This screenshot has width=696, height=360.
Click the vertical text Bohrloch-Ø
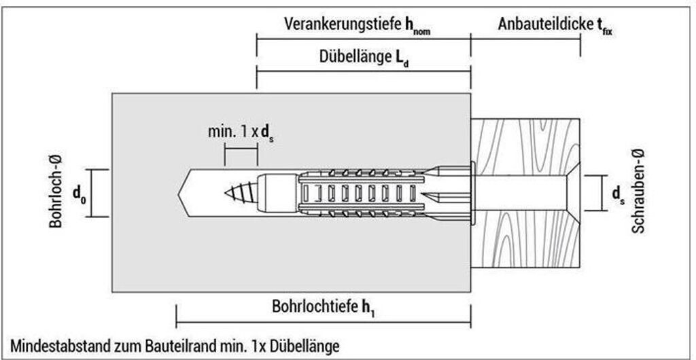pos(57,194)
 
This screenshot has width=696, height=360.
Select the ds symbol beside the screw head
pos(618,194)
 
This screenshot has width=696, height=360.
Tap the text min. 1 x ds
pos(241,130)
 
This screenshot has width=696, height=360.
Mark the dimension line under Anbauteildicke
pos(525,39)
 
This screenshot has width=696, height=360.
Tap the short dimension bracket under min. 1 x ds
pos(241,156)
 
